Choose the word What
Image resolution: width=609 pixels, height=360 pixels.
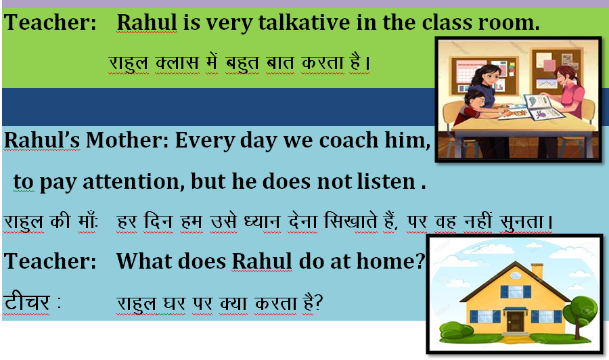[x=141, y=261]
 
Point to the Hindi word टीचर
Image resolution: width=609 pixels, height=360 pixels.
[x=27, y=302]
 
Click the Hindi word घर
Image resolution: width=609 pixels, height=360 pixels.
[x=174, y=303]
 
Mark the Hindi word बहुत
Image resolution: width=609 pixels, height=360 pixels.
[x=242, y=63]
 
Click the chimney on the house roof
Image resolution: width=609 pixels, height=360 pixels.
[x=537, y=270]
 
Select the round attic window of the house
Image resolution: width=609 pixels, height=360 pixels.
[x=516, y=275]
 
